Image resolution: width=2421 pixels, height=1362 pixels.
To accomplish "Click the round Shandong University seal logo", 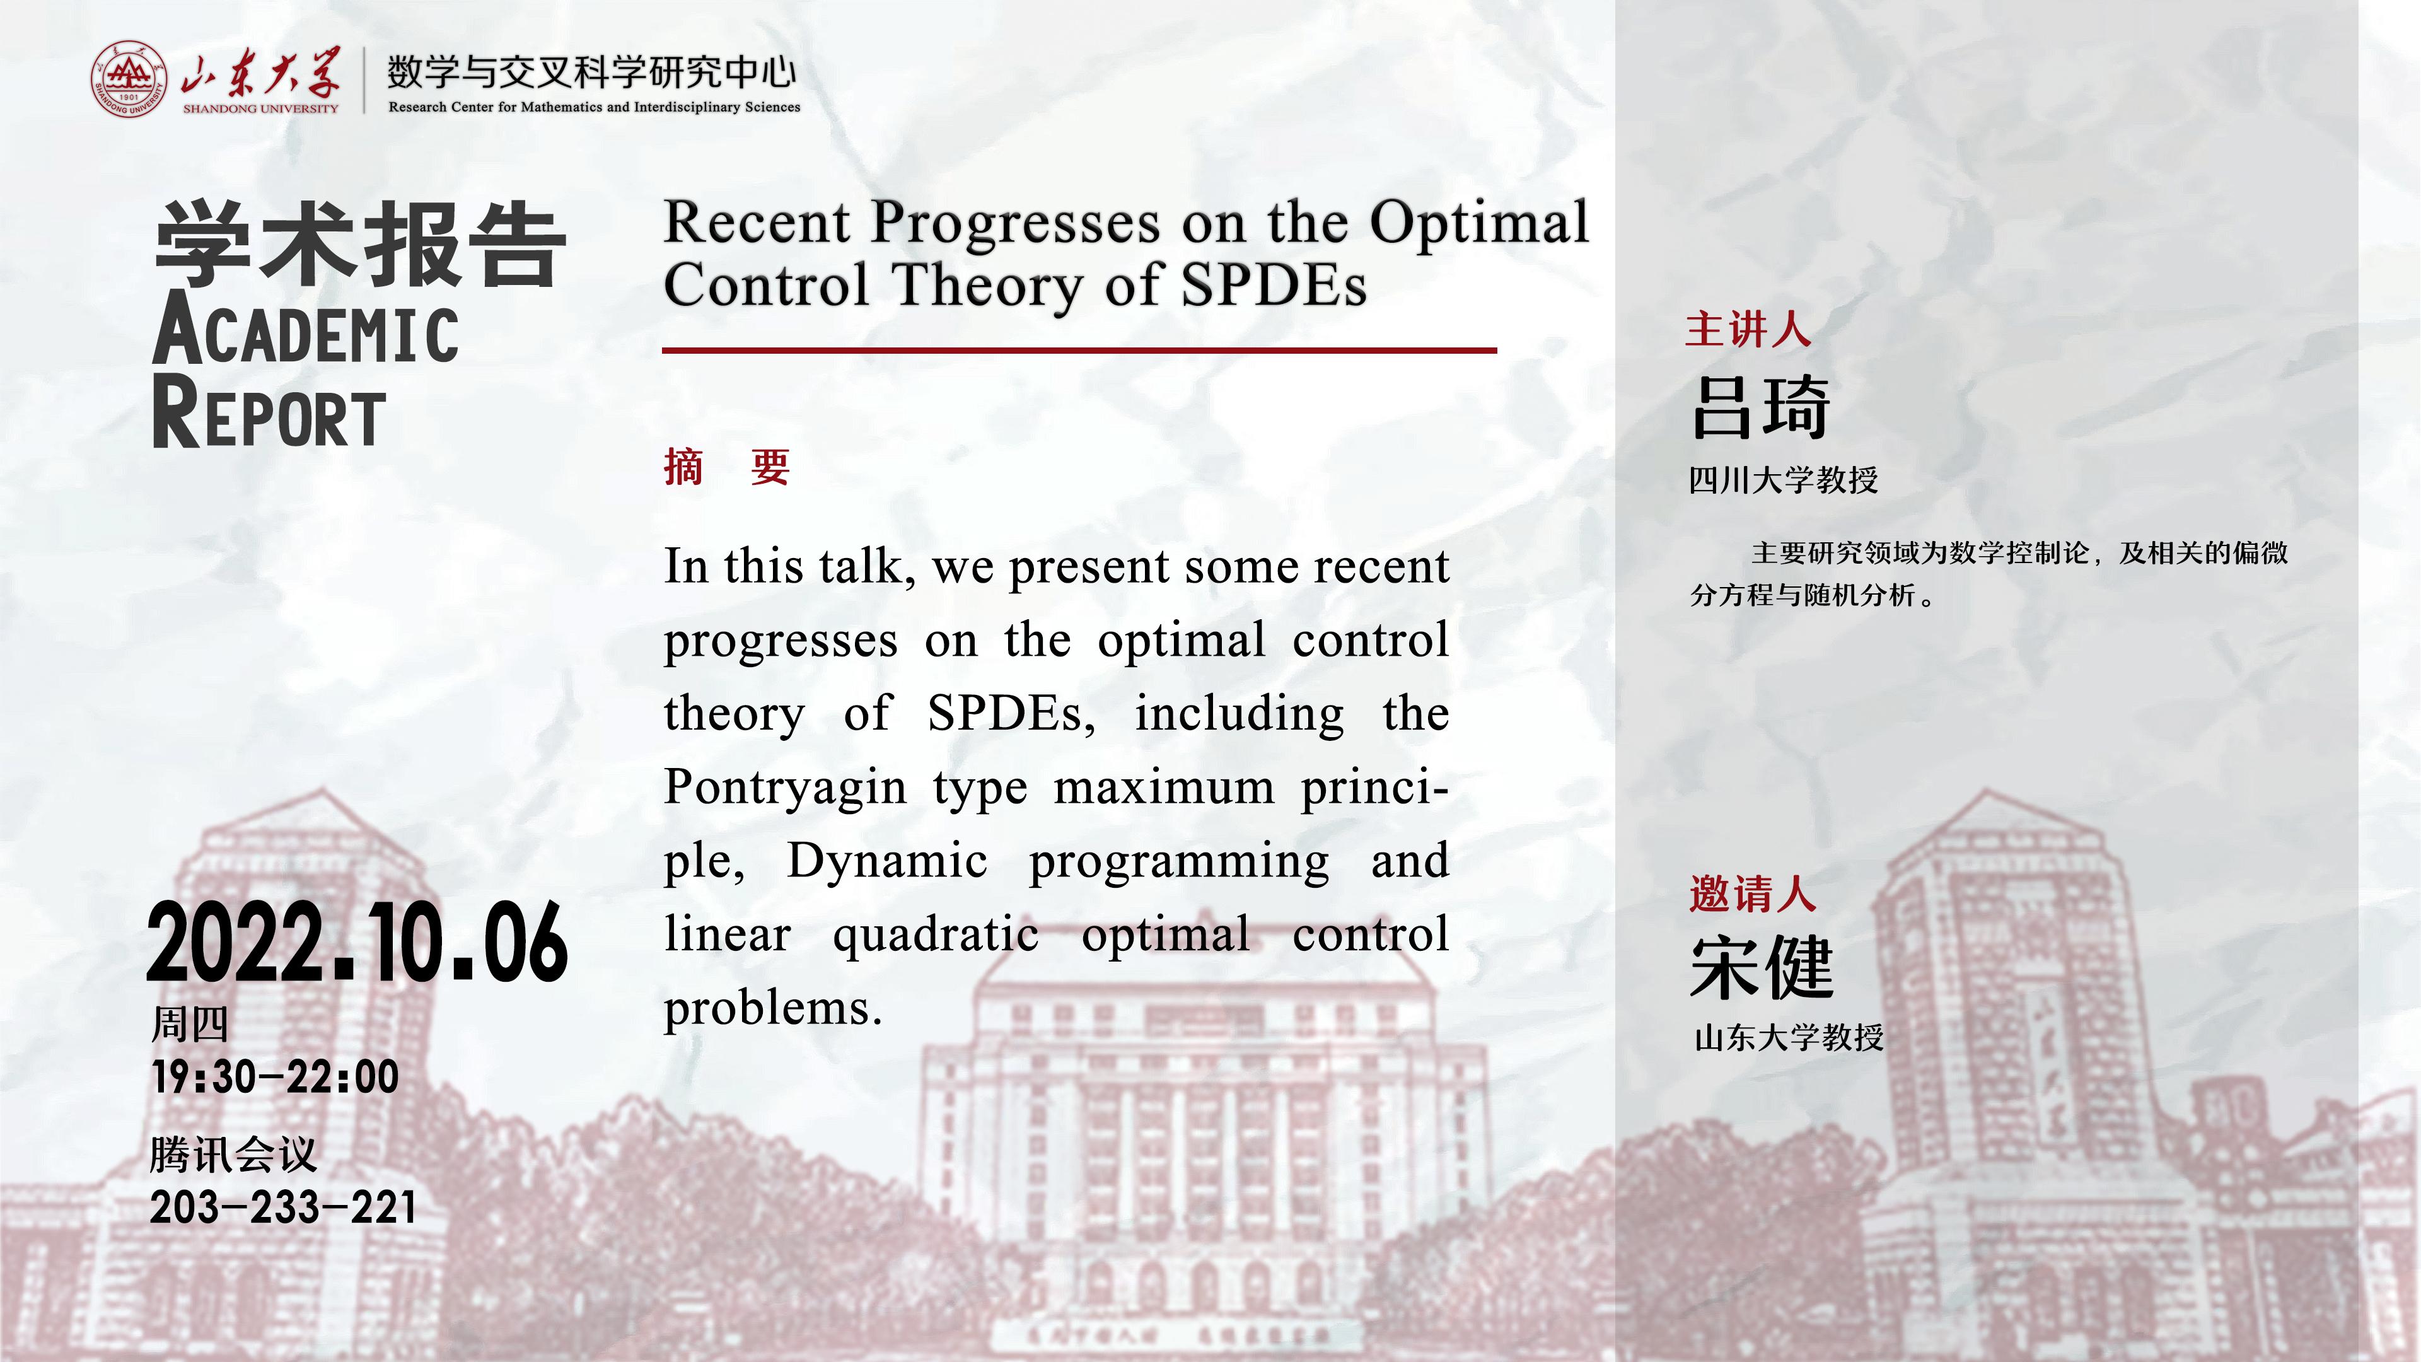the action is pos(129,79).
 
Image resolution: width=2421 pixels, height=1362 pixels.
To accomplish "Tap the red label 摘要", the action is pos(726,467).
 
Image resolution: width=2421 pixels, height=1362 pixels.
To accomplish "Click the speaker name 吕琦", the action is pos(1760,407).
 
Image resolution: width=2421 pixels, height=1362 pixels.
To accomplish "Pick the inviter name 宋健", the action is pos(1762,967).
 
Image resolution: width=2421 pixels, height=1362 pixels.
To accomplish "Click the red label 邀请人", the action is pos(1752,893).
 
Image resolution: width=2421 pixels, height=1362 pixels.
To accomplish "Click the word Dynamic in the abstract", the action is pos(887,861).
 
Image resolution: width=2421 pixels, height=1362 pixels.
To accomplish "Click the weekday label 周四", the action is pos(190,1023).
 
